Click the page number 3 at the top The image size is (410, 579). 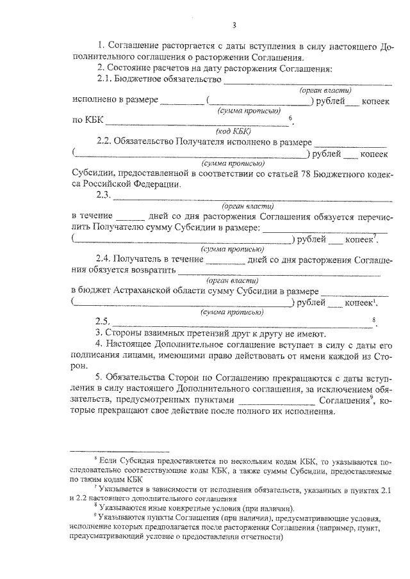point(234,25)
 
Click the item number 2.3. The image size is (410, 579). point(103,196)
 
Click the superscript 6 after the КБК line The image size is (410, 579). point(291,117)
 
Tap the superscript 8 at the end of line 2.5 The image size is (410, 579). point(373,319)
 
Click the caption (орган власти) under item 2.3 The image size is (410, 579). point(248,207)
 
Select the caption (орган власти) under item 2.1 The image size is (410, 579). point(325,91)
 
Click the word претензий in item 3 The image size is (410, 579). point(212,334)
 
